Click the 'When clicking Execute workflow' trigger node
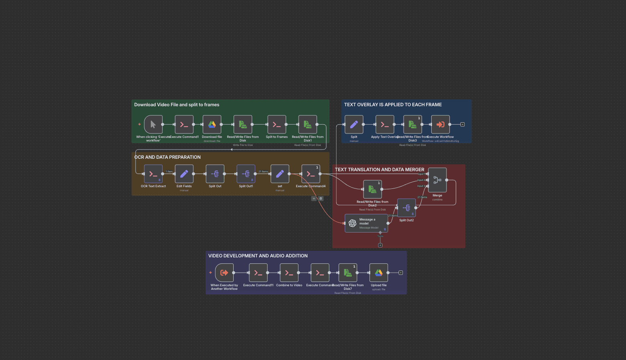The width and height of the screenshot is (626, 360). (153, 124)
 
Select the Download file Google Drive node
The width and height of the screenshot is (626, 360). (212, 124)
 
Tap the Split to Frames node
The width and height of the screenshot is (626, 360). (277, 124)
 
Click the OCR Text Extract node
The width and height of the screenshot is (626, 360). (153, 174)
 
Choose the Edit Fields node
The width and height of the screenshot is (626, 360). (184, 174)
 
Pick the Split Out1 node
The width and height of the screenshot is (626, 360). (246, 174)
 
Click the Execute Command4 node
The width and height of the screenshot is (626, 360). (311, 174)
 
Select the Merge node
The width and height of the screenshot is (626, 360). (437, 180)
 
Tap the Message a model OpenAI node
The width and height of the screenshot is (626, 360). (366, 223)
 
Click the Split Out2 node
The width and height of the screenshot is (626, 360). (406, 208)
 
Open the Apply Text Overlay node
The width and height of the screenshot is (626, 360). (385, 124)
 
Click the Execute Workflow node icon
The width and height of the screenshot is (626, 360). (440, 124)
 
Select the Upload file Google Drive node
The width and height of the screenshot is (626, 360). (379, 273)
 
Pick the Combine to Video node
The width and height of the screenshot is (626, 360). (289, 273)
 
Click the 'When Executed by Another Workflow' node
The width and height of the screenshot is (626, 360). (224, 273)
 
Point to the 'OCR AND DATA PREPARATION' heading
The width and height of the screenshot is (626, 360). (168, 157)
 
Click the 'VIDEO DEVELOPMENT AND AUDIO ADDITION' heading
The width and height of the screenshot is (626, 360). (258, 256)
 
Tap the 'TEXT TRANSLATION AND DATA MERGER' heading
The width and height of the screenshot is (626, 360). (380, 170)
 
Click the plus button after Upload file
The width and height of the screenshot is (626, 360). (400, 273)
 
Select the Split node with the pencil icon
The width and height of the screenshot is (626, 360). (354, 124)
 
